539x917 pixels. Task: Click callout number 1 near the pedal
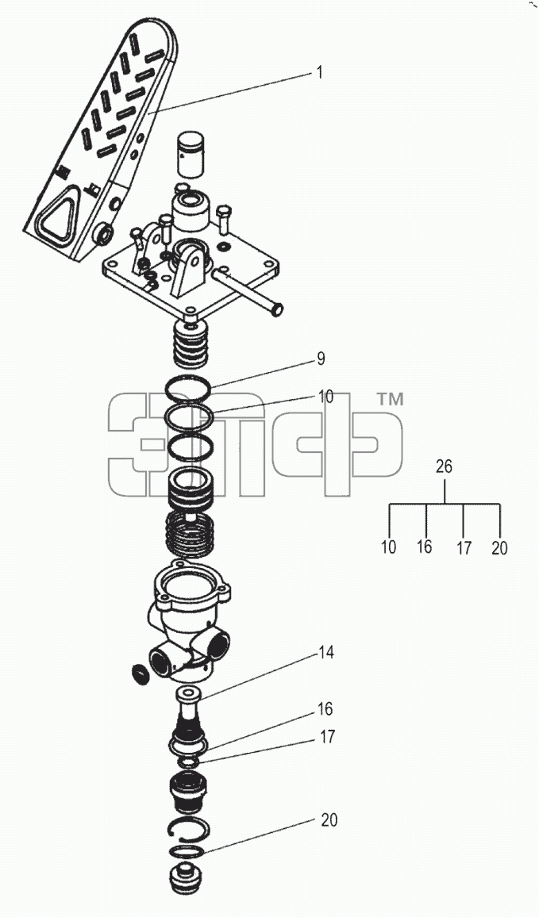pyautogui.click(x=320, y=72)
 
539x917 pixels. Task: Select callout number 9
pyautogui.click(x=321, y=359)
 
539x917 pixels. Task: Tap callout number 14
pyautogui.click(x=326, y=652)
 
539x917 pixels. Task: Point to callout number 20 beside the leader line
pyautogui.click(x=329, y=820)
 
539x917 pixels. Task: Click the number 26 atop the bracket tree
pyautogui.click(x=445, y=466)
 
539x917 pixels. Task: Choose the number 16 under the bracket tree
pyautogui.click(x=425, y=547)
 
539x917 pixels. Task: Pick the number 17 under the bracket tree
pyautogui.click(x=464, y=547)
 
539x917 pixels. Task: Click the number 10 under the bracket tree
pyautogui.click(x=388, y=547)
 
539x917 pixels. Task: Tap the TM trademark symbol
pyautogui.click(x=389, y=400)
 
